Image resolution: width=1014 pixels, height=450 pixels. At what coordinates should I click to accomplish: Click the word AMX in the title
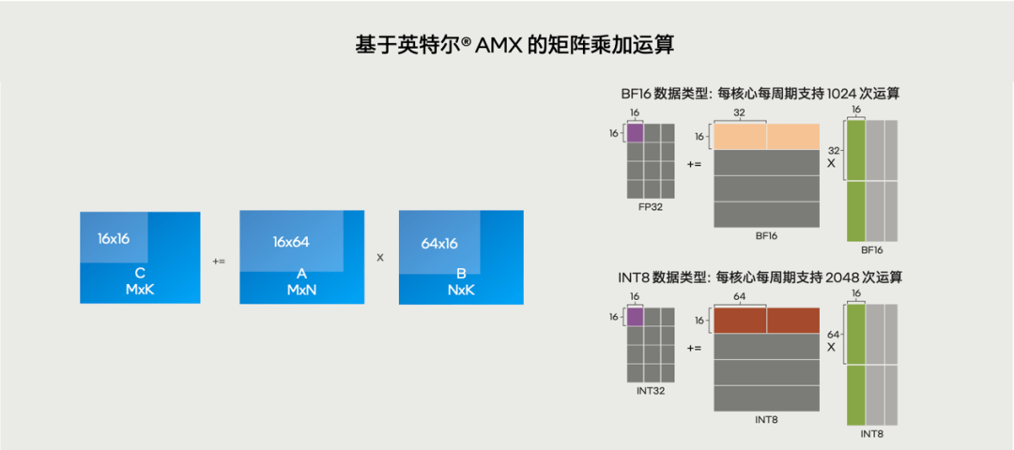pyautogui.click(x=492, y=45)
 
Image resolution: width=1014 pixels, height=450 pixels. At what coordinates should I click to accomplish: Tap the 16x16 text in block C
pyautogui.click(x=113, y=238)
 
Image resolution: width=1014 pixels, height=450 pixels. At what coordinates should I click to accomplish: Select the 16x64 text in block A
pyautogui.click(x=291, y=242)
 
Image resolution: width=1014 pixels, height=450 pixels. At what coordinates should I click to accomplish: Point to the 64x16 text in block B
pyautogui.click(x=438, y=243)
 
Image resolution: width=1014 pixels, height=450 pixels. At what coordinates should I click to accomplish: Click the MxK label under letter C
pyautogui.click(x=140, y=290)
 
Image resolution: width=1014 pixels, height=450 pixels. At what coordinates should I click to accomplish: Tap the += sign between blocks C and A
pyautogui.click(x=219, y=261)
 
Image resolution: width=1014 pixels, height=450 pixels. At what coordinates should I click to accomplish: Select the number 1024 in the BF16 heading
pyautogui.click(x=837, y=94)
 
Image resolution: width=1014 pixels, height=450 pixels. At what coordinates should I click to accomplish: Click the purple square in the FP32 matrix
pyautogui.click(x=635, y=132)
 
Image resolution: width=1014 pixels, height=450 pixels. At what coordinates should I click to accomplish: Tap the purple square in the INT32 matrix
pyautogui.click(x=635, y=317)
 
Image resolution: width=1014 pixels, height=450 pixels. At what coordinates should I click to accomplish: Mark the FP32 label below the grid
pyautogui.click(x=649, y=206)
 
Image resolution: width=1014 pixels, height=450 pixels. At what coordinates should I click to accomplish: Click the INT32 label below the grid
pyautogui.click(x=649, y=391)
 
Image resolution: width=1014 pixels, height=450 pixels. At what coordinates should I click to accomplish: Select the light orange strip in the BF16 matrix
pyautogui.click(x=767, y=137)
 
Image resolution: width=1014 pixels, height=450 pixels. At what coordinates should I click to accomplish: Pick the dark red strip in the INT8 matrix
pyautogui.click(x=767, y=321)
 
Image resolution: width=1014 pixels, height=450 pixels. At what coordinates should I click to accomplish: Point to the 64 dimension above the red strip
pyautogui.click(x=740, y=295)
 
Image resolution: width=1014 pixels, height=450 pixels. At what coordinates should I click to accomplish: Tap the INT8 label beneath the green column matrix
pyautogui.click(x=872, y=434)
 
